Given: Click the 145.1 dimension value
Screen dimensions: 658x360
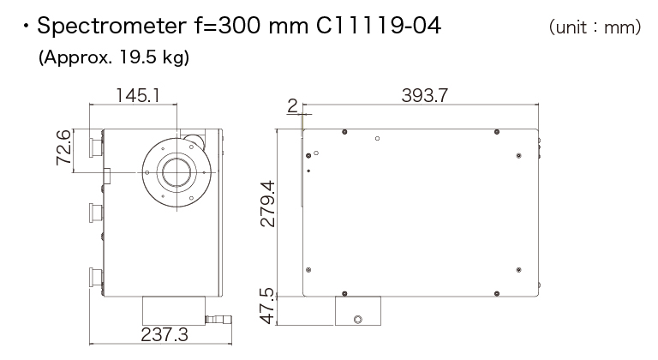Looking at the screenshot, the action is point(138,95).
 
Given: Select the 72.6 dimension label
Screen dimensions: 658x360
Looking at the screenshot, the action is point(63,147).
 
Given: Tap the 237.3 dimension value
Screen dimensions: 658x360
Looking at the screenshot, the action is point(164,335).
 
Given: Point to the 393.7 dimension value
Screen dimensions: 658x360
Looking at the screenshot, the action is point(425,95).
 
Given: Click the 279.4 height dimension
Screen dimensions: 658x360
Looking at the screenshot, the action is point(267,204).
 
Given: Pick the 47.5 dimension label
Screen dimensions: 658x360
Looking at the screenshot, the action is point(267,306).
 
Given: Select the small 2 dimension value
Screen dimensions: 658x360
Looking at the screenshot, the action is point(292,106).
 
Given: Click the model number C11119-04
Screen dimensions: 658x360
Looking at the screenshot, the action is point(379,26).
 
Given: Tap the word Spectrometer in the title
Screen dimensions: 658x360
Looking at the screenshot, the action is point(111,27).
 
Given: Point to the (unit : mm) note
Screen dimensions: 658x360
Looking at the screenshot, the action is point(595,27).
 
